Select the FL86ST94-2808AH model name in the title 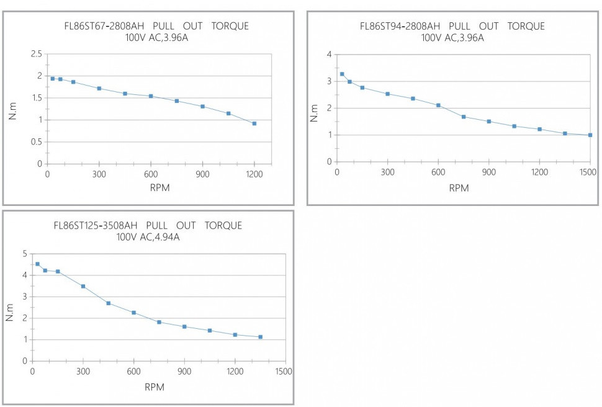(x=400, y=26)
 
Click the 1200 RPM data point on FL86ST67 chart (x=254, y=123)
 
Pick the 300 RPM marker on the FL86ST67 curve (x=99, y=88)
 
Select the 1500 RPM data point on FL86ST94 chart (x=590, y=135)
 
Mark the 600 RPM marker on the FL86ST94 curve (x=438, y=105)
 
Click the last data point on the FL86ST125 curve (x=260, y=337)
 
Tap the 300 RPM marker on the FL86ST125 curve (x=83, y=286)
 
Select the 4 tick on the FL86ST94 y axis (x=329, y=55)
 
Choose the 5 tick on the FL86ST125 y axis (x=25, y=254)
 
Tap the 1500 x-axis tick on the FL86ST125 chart (x=285, y=371)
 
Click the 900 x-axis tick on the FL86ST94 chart (x=489, y=172)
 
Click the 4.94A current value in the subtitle (x=163, y=236)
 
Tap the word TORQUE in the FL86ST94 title (x=526, y=26)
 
